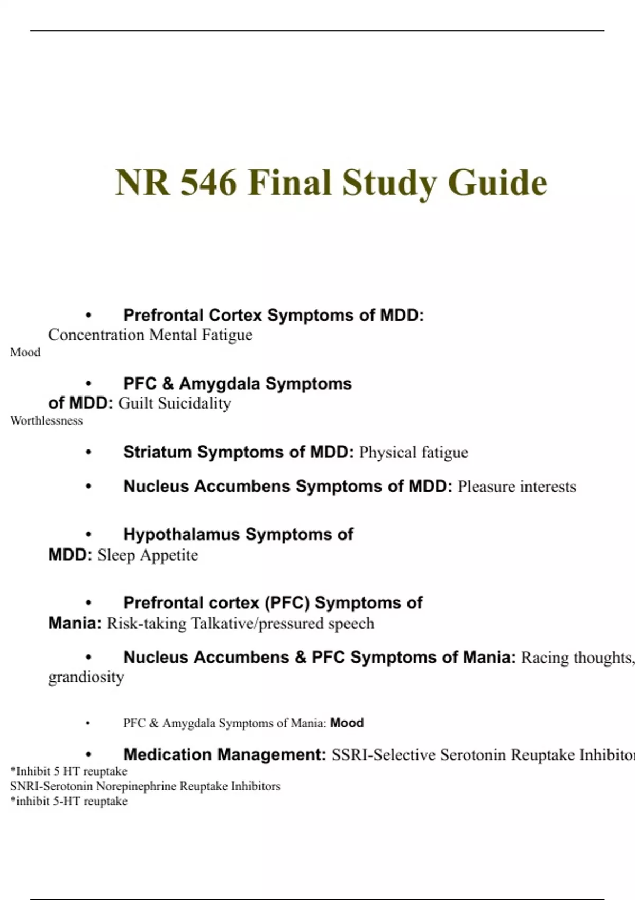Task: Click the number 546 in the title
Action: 208,183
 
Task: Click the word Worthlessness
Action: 47,421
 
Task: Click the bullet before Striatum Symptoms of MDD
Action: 88,453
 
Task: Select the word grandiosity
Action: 86,677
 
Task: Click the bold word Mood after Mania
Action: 347,723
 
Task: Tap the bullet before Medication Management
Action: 88,755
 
